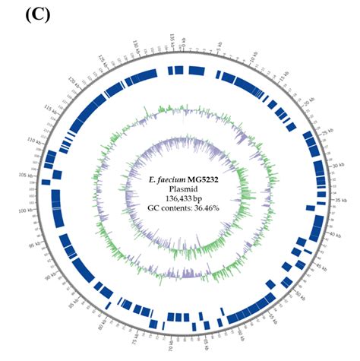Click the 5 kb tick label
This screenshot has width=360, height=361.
(222, 50)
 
